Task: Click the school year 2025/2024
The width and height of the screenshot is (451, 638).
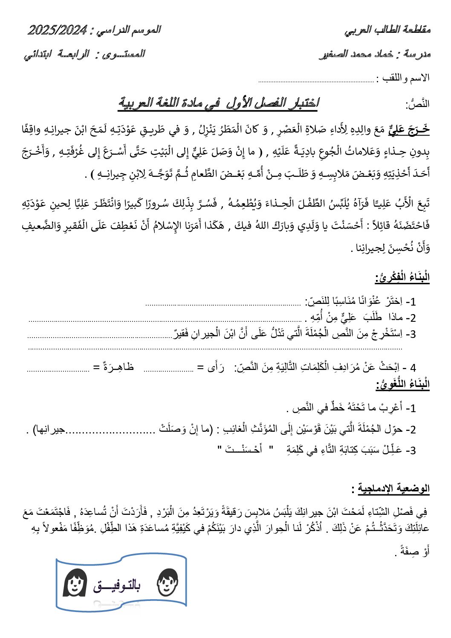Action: (x=58, y=30)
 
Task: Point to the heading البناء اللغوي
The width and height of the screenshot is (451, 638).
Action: (x=402, y=384)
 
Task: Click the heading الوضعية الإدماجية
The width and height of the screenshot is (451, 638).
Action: (x=393, y=488)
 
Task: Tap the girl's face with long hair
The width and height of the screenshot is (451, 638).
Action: (x=75, y=582)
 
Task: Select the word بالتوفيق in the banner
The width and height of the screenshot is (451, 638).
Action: (x=117, y=586)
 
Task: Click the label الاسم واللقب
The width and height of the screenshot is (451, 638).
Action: (x=403, y=78)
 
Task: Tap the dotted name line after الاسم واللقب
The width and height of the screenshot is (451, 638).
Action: (x=316, y=80)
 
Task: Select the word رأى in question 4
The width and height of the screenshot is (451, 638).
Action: (x=215, y=367)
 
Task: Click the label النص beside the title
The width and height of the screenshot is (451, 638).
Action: (x=418, y=104)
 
